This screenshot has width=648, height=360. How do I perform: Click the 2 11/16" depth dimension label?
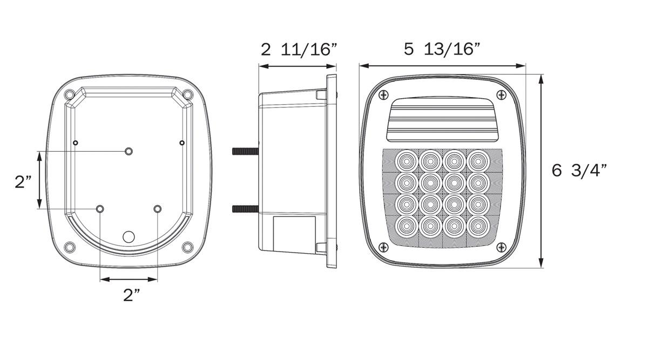[x=299, y=50]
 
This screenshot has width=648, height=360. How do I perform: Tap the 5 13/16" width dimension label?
[x=442, y=49]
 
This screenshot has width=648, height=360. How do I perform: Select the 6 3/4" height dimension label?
[x=579, y=171]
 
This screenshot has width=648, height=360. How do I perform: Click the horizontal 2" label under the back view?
[x=132, y=295]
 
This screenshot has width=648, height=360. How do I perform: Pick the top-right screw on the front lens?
[x=501, y=94]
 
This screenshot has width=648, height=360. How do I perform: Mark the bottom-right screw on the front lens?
[x=501, y=247]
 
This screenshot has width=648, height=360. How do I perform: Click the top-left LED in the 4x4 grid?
[x=406, y=160]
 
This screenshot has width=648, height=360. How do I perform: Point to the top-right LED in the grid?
[x=477, y=160]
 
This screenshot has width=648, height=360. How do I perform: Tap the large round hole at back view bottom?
[x=129, y=236]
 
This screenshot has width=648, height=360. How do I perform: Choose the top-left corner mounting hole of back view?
[x=70, y=95]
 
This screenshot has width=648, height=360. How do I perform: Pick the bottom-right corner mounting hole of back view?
[x=187, y=247]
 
